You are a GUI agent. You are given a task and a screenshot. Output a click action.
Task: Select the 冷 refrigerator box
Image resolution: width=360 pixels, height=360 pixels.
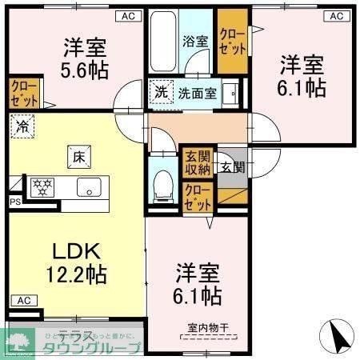(23, 126)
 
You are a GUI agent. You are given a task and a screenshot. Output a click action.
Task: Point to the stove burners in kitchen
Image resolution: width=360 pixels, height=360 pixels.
(41, 187)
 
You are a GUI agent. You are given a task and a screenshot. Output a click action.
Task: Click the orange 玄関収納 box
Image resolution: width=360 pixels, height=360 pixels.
(197, 162)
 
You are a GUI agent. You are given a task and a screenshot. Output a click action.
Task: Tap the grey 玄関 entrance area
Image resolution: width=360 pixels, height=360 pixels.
(232, 167)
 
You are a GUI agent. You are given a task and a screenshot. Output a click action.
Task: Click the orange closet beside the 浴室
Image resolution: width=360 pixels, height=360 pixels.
(234, 38)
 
